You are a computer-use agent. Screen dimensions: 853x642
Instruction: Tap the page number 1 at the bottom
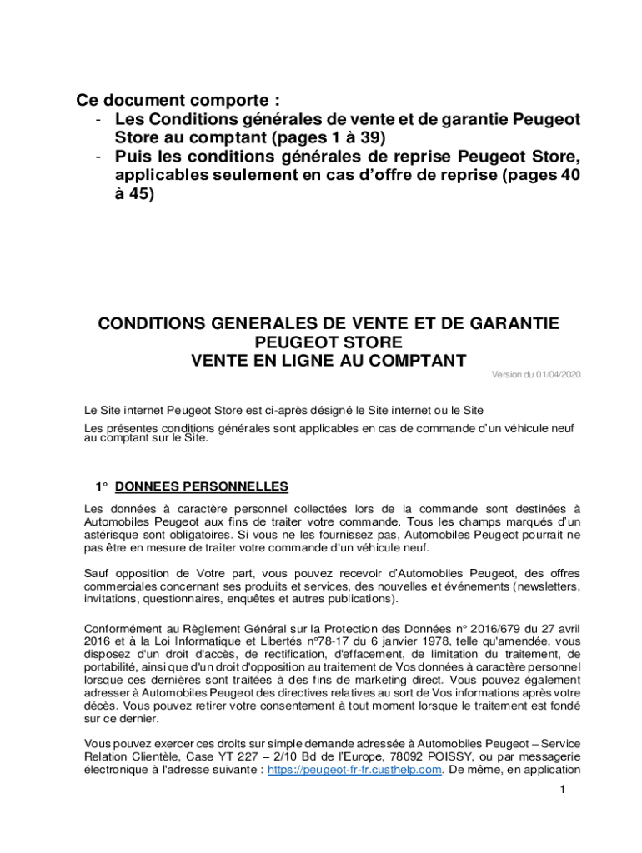564,791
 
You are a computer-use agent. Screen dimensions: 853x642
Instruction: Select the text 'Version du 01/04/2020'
535,375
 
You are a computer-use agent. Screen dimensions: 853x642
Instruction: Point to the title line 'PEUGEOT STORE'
329,342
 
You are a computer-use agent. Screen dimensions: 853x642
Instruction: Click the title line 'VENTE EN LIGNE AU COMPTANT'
329,361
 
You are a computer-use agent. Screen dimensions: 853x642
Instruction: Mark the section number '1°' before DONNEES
102,486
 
